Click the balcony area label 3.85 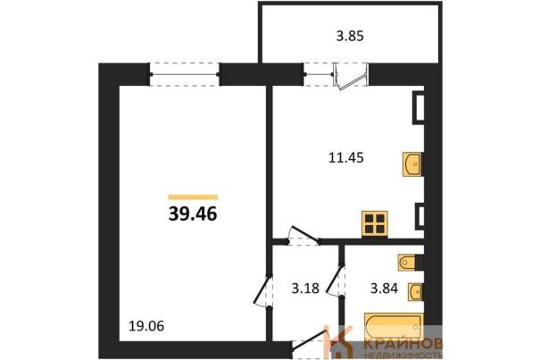350,36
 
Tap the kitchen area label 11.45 346,158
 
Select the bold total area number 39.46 193,213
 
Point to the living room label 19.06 146,325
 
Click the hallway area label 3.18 305,288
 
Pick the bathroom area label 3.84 384,288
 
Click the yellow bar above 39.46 193,197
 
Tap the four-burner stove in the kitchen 375,224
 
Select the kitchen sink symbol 412,164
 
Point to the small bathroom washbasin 415,292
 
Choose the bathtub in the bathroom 394,327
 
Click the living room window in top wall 185,74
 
